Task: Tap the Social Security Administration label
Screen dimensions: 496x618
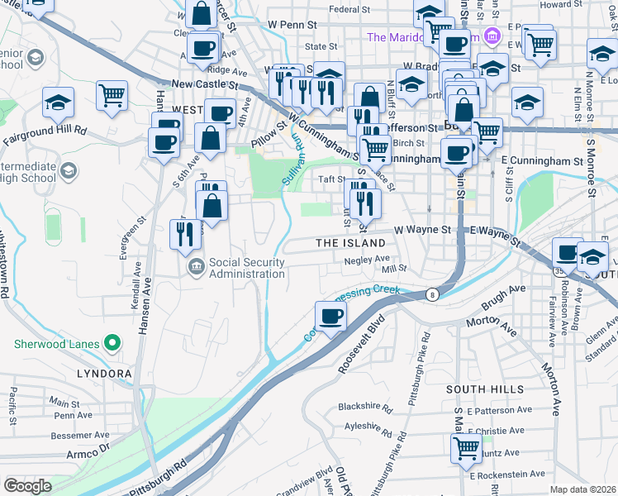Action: tap(247, 268)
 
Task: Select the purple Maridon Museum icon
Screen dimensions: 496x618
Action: tap(492, 36)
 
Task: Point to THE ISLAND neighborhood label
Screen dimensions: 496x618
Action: tap(351, 243)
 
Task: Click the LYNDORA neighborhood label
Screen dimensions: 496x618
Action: tap(104, 374)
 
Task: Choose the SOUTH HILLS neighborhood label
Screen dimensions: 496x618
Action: tap(484, 389)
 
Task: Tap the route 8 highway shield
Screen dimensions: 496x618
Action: tap(431, 293)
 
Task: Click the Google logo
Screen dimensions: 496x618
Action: tap(27, 485)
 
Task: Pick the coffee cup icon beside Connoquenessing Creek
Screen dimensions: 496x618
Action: tap(330, 316)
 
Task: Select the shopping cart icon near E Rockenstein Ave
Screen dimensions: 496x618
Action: tap(466, 447)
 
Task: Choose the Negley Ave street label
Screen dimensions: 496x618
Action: tap(361, 259)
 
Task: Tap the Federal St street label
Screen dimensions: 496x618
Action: tap(349, 10)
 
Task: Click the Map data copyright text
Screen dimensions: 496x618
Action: tap(582, 489)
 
